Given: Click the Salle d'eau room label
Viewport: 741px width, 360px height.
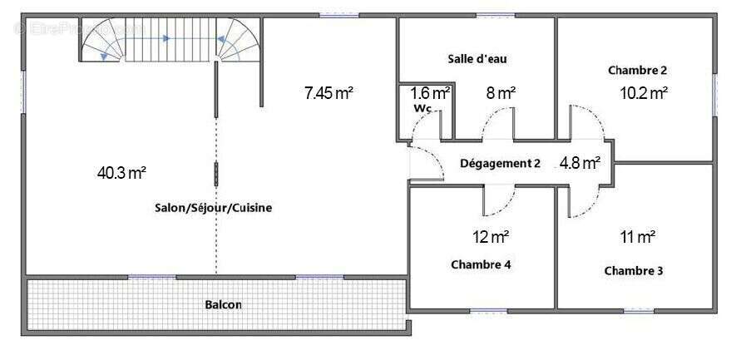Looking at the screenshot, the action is (477, 59).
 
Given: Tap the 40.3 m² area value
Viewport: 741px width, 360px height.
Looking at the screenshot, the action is (121, 174).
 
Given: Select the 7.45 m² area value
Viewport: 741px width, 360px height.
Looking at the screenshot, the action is (329, 93).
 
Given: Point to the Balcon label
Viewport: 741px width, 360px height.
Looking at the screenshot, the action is (223, 305).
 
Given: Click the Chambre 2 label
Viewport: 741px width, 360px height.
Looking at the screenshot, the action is (638, 71).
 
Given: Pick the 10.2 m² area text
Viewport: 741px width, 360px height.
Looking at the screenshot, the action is (644, 93).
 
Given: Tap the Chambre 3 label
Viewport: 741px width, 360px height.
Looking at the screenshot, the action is (634, 271).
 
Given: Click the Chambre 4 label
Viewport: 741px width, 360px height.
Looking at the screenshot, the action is (481, 264).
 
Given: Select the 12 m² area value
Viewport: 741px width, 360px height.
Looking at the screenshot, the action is (491, 236).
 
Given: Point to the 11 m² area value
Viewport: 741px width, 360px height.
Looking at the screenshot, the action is (638, 236).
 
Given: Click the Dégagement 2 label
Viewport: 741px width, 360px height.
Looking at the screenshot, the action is (500, 164).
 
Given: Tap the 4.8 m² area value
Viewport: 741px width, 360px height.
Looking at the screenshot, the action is (580, 163).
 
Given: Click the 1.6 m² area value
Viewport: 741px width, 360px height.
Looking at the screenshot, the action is (430, 92).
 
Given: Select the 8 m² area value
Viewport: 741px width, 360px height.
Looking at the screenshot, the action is (501, 93).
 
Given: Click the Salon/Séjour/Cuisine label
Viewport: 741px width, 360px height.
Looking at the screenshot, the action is (214, 208).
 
